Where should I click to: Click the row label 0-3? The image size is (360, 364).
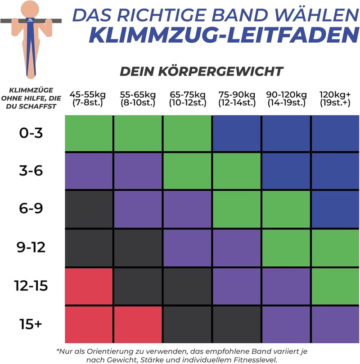click(x=31, y=133)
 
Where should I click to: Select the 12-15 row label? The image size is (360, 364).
click(x=31, y=286)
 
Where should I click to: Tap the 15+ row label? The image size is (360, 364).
click(x=31, y=324)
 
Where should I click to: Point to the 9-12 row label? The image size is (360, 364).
click(x=31, y=247)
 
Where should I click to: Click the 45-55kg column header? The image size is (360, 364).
click(x=87, y=99)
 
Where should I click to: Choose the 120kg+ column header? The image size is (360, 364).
click(x=335, y=99)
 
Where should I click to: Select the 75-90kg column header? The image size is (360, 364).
click(x=237, y=99)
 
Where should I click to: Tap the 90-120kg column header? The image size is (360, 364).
click(x=286, y=99)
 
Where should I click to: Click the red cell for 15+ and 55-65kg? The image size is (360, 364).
click(x=138, y=324)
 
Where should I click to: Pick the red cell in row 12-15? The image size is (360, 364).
click(x=89, y=286)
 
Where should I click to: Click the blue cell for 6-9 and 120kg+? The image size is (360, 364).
click(x=335, y=209)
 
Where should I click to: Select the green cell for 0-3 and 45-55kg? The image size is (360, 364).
click(x=89, y=133)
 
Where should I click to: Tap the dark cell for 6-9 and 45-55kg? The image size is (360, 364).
click(x=89, y=209)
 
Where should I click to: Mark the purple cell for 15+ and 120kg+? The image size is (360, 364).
click(x=335, y=324)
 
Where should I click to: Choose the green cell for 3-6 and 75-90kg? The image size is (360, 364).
click(x=237, y=171)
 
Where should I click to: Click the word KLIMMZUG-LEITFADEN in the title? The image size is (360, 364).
click(x=224, y=35)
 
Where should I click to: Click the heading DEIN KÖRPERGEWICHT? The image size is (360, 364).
click(x=202, y=71)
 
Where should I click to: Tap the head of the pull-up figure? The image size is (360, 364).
click(x=30, y=9)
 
